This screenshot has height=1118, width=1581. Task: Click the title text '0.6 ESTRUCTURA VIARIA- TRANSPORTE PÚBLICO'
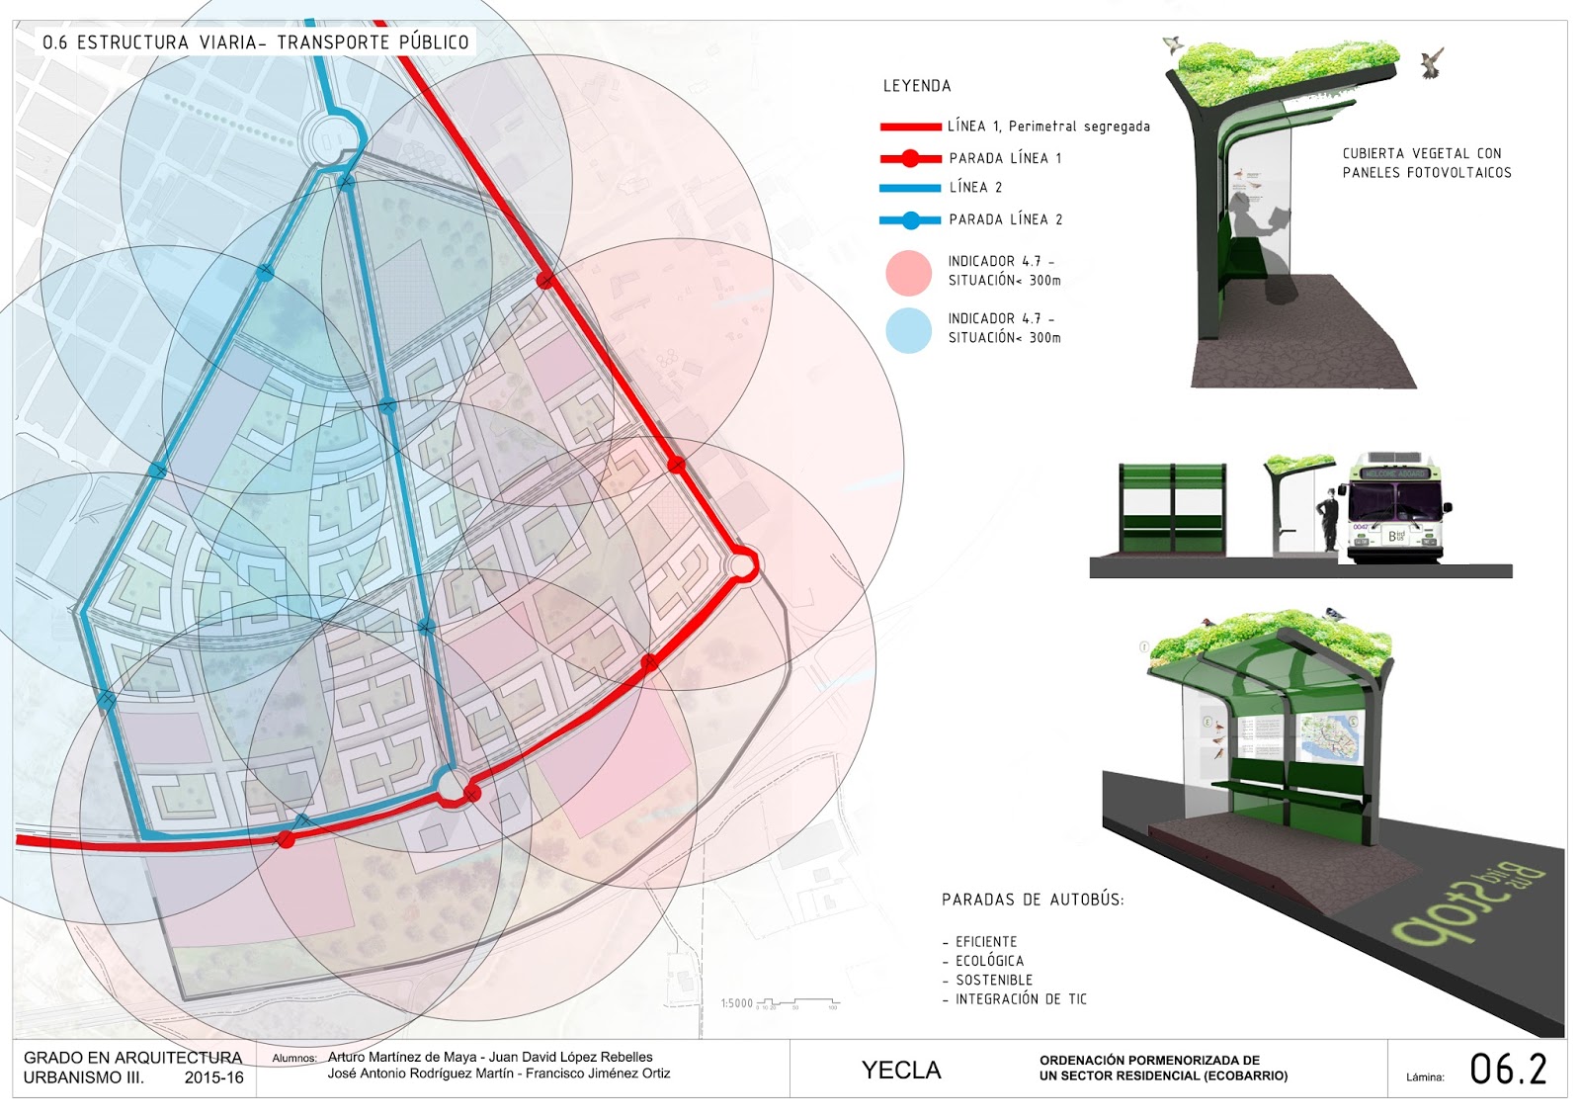point(255,43)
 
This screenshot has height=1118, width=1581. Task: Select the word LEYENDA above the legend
point(917,86)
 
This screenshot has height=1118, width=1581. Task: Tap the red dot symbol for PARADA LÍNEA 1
point(910,158)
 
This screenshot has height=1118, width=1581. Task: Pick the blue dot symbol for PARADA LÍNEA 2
point(910,220)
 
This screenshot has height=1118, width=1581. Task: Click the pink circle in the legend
point(908,274)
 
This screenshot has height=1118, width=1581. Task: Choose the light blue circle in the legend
point(908,331)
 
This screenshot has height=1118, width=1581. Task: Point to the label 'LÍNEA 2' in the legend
point(975,188)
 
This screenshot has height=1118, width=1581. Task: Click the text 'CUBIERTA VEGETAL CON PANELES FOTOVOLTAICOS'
point(1426,163)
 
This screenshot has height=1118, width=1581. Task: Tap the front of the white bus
point(1396,514)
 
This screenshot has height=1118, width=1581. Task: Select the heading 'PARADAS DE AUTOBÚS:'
point(1033,900)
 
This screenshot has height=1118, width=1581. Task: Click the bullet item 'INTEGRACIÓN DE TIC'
point(1020,999)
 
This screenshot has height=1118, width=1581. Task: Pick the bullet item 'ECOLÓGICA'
point(989,961)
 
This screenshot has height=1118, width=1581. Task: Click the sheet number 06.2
point(1507,1070)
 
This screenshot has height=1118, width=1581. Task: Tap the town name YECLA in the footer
point(901,1071)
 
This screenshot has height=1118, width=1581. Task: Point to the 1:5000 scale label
point(737,1003)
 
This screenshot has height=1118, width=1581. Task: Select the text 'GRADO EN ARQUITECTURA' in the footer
point(132,1058)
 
